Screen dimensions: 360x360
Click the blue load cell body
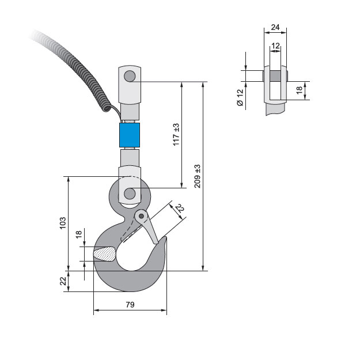[x=130, y=135]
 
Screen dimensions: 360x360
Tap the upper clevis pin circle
[x=130, y=76]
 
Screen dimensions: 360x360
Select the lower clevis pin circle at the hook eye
[x=130, y=194]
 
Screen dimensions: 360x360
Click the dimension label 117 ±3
[x=176, y=135]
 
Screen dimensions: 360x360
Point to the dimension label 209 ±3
[x=198, y=176]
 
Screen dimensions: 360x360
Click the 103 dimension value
[x=63, y=223]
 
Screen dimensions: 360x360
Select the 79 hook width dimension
[x=130, y=305]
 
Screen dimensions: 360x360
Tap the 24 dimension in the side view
[x=275, y=27]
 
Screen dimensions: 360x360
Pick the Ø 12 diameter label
[x=240, y=97]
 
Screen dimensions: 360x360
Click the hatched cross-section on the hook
[x=105, y=254]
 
